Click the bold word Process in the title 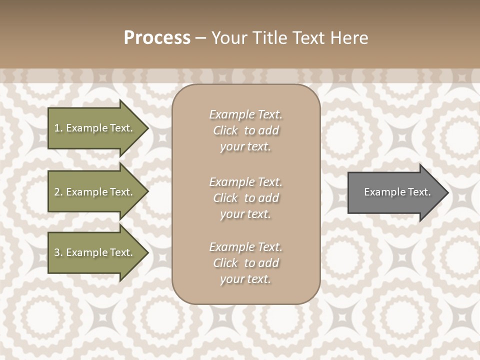[x=157, y=38]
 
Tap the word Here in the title [x=349, y=38]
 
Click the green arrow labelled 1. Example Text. [x=95, y=128]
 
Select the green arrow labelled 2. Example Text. [x=95, y=192]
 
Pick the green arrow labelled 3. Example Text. [x=95, y=252]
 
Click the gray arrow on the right [x=395, y=192]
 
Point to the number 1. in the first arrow [x=58, y=128]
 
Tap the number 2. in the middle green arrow [x=58, y=192]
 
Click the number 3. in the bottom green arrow [x=58, y=252]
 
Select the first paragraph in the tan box [x=245, y=130]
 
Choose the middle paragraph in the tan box [x=245, y=197]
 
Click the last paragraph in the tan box [x=245, y=263]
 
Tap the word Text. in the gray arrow [x=418, y=192]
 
